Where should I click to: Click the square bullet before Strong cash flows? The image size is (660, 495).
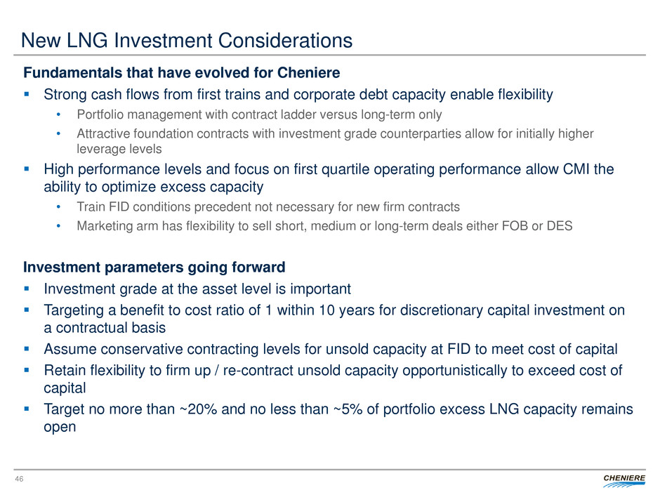pos(28,94)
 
